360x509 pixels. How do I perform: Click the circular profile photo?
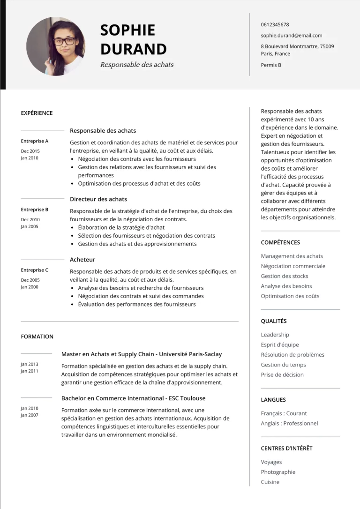(56, 46)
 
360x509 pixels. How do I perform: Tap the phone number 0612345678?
(275, 25)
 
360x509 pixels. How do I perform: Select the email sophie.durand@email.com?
(291, 36)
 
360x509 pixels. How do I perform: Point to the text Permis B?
(271, 65)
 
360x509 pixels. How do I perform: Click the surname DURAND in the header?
(133, 49)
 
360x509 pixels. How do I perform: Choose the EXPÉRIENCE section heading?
(37, 113)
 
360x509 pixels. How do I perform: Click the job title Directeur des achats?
(98, 199)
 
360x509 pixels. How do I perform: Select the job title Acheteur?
(82, 260)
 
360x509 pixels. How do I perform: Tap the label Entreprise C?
(34, 270)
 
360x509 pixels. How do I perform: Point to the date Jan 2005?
(30, 227)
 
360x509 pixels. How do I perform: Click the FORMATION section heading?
(37, 337)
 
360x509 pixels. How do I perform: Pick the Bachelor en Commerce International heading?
(133, 398)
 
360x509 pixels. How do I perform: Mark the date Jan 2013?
(30, 364)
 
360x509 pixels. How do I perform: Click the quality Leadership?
(275, 335)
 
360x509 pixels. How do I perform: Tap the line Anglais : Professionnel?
(289, 423)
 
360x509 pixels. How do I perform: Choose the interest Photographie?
(278, 472)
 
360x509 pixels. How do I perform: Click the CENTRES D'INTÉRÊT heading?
(286, 449)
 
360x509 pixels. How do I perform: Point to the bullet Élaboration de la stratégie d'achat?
(121, 227)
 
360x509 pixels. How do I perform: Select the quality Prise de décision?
(282, 374)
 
